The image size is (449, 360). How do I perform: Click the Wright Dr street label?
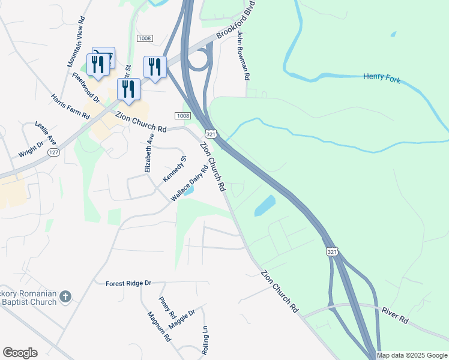pos(31,149)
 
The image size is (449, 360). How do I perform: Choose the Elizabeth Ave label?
pos(149,153)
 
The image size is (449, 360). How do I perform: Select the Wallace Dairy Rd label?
pos(190,182)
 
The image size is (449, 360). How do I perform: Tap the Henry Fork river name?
pos(381,78)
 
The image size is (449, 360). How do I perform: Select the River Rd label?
pos(395,316)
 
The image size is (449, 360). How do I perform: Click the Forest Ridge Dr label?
pos(128,283)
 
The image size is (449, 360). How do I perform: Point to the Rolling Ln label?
pos(205,340)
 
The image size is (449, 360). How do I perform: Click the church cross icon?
pos(65,296)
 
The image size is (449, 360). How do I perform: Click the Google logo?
pos(20,353)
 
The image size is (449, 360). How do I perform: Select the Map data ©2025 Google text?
pos(412,355)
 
